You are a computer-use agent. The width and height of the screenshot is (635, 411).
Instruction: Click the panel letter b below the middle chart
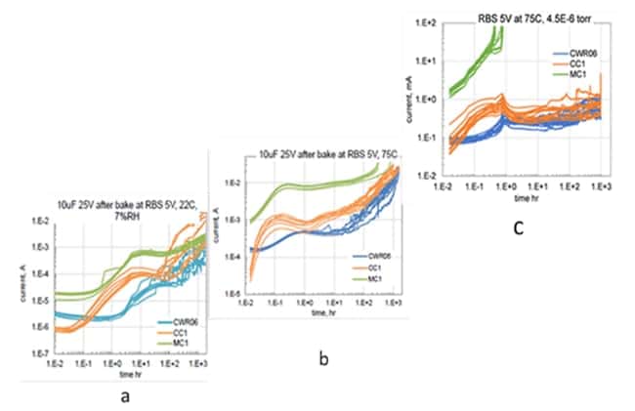[323, 360]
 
